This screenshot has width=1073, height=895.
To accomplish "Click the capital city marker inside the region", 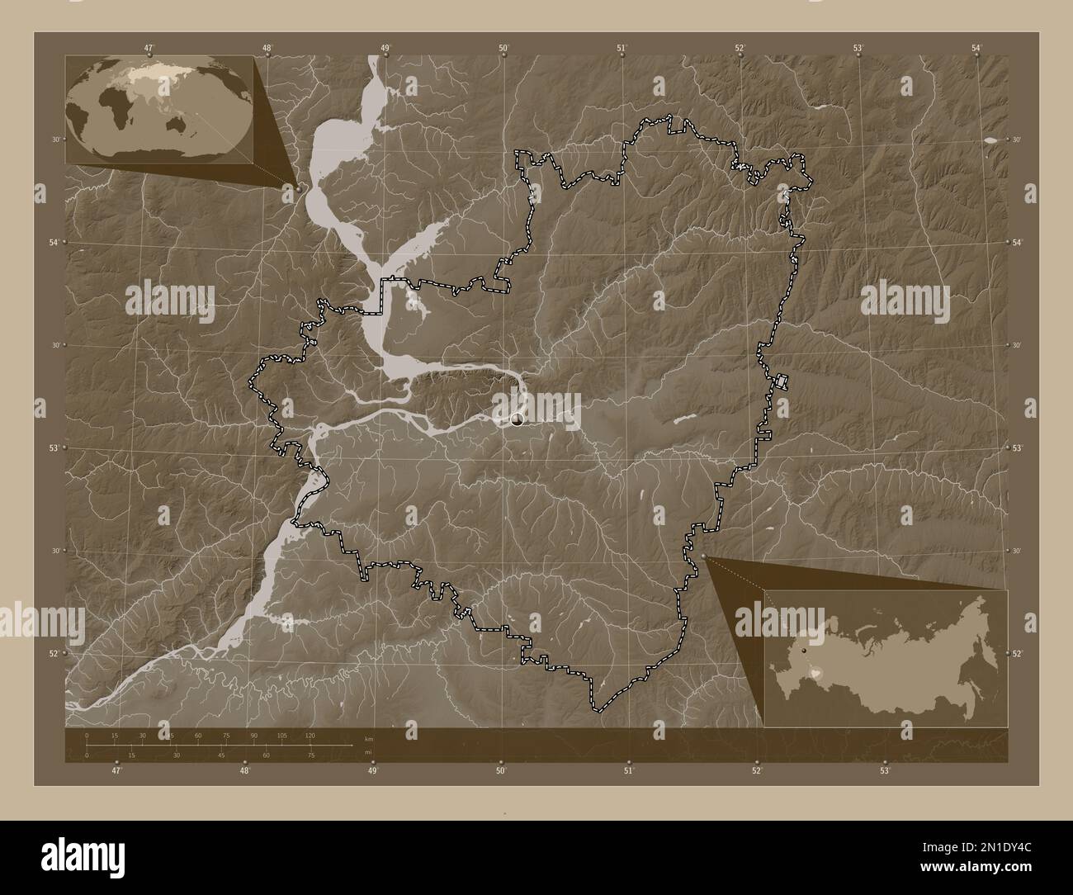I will pyautogui.click(x=518, y=420).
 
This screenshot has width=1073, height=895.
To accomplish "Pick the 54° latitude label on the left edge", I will pyautogui.click(x=53, y=242).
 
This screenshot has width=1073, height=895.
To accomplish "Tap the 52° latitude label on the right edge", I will pyautogui.click(x=1018, y=653).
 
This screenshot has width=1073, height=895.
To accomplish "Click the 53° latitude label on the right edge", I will pyautogui.click(x=1018, y=447).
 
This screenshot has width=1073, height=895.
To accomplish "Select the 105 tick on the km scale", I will pyautogui.click(x=282, y=735).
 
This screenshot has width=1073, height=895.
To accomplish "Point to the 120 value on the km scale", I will pyautogui.click(x=310, y=735).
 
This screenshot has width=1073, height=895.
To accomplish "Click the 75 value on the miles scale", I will pyautogui.click(x=310, y=755).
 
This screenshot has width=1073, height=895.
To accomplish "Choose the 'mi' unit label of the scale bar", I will pyautogui.click(x=368, y=751).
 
